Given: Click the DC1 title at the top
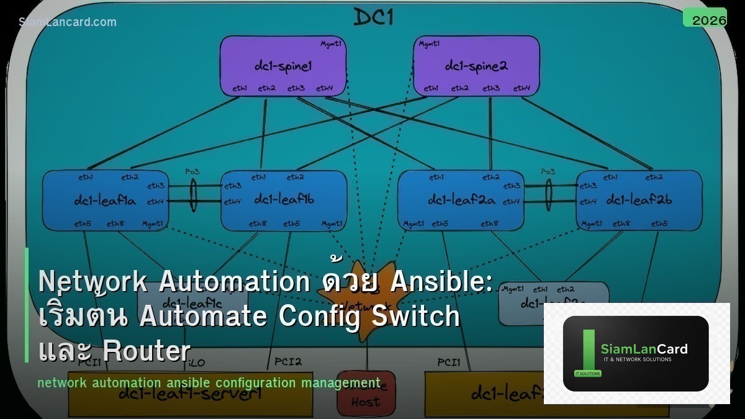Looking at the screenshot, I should [373, 17].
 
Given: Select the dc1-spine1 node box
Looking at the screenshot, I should [282, 66].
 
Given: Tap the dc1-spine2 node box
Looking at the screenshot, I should [476, 66].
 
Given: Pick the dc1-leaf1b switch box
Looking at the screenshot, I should [284, 200].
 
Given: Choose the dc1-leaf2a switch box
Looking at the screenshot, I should [460, 200].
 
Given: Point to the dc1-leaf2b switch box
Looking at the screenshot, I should [639, 200].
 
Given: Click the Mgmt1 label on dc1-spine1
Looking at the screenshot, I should [330, 44].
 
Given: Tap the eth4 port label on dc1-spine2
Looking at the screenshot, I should [521, 89].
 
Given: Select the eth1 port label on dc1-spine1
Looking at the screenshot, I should [240, 89].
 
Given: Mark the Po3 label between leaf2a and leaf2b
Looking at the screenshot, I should [548, 171].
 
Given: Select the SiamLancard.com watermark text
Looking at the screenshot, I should [68, 22].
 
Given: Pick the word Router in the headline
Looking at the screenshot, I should [146, 351].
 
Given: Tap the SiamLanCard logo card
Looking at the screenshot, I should [636, 353].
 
